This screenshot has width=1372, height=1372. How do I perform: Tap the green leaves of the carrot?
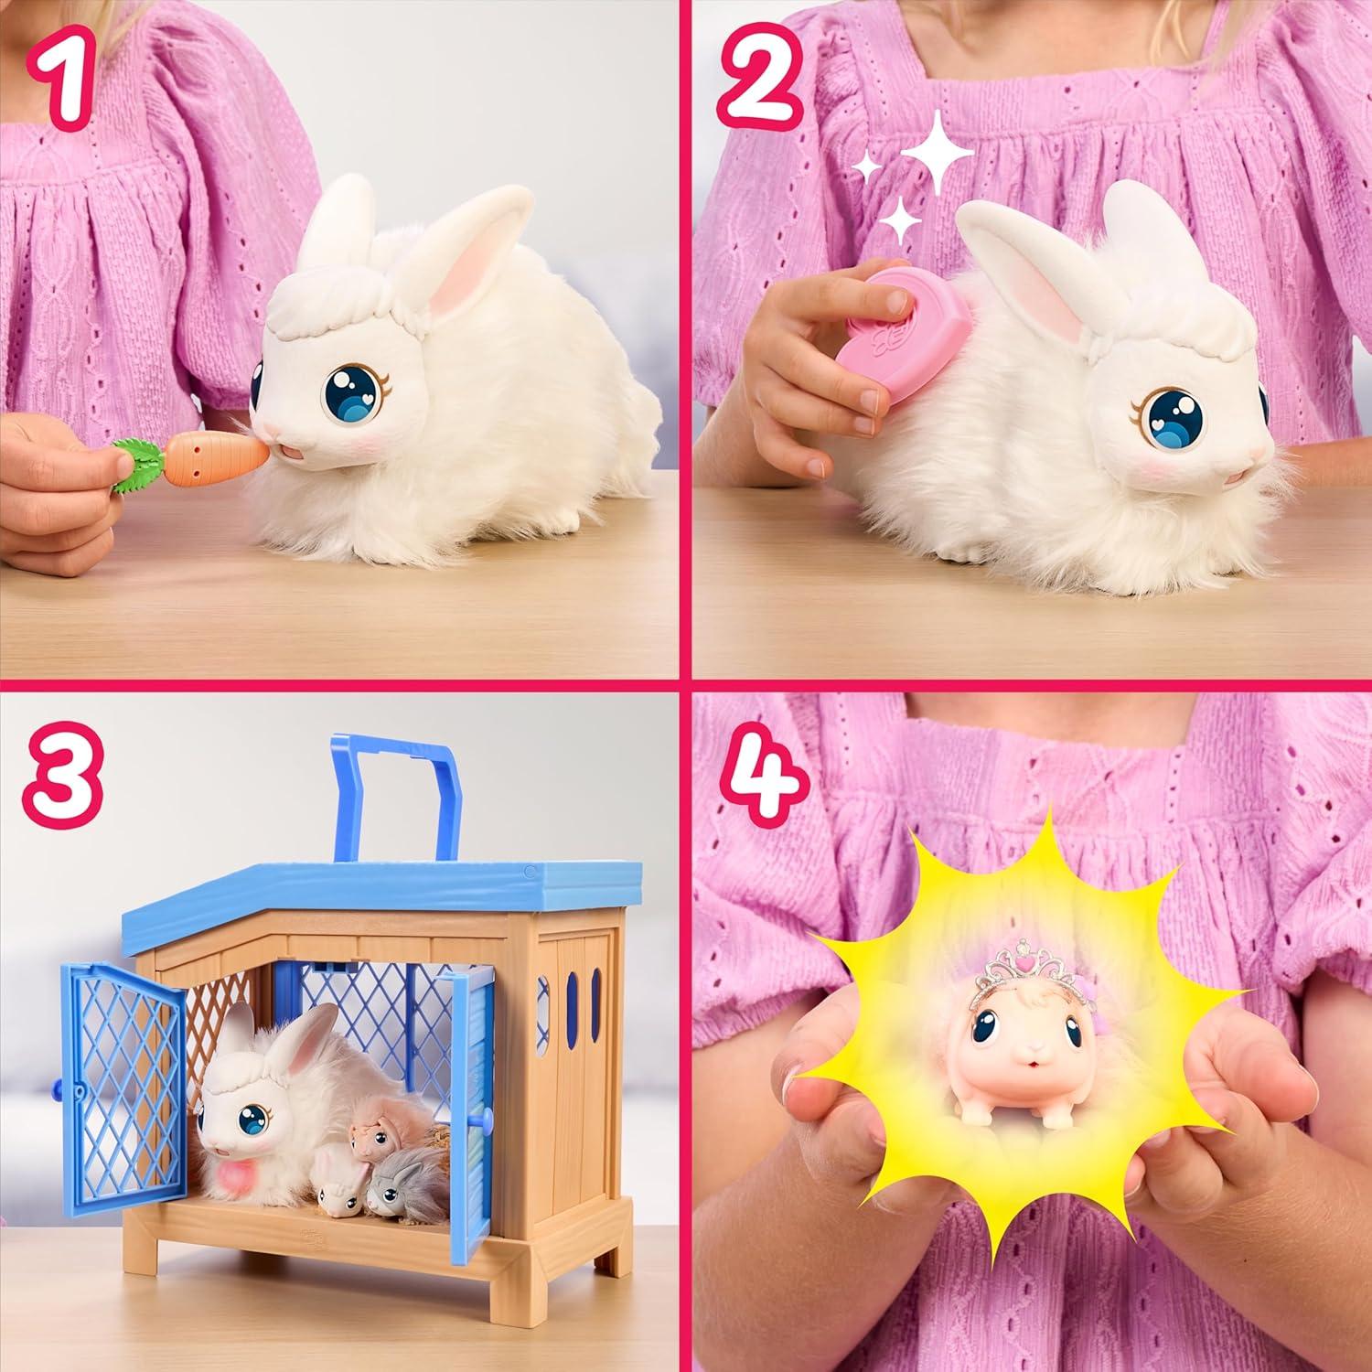point(137,457)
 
